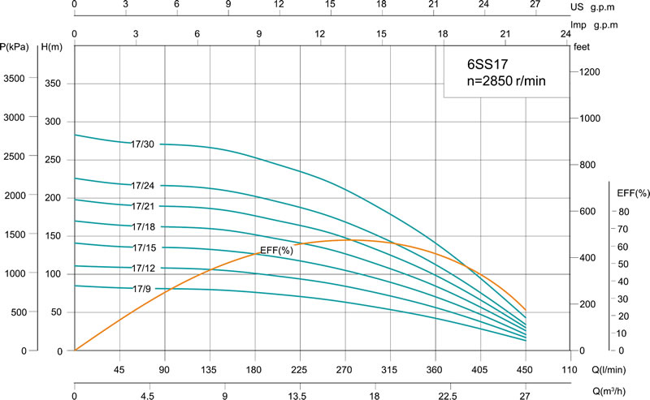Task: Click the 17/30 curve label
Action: pos(142,144)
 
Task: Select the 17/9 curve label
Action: pos(142,288)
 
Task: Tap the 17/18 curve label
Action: pos(142,227)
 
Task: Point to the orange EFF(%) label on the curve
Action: pos(275,250)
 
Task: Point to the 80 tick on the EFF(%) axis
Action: pos(624,212)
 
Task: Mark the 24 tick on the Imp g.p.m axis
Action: pos(565,34)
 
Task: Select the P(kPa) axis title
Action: pos(15,46)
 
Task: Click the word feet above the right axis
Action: pos(581,46)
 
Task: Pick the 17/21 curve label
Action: pos(142,206)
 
